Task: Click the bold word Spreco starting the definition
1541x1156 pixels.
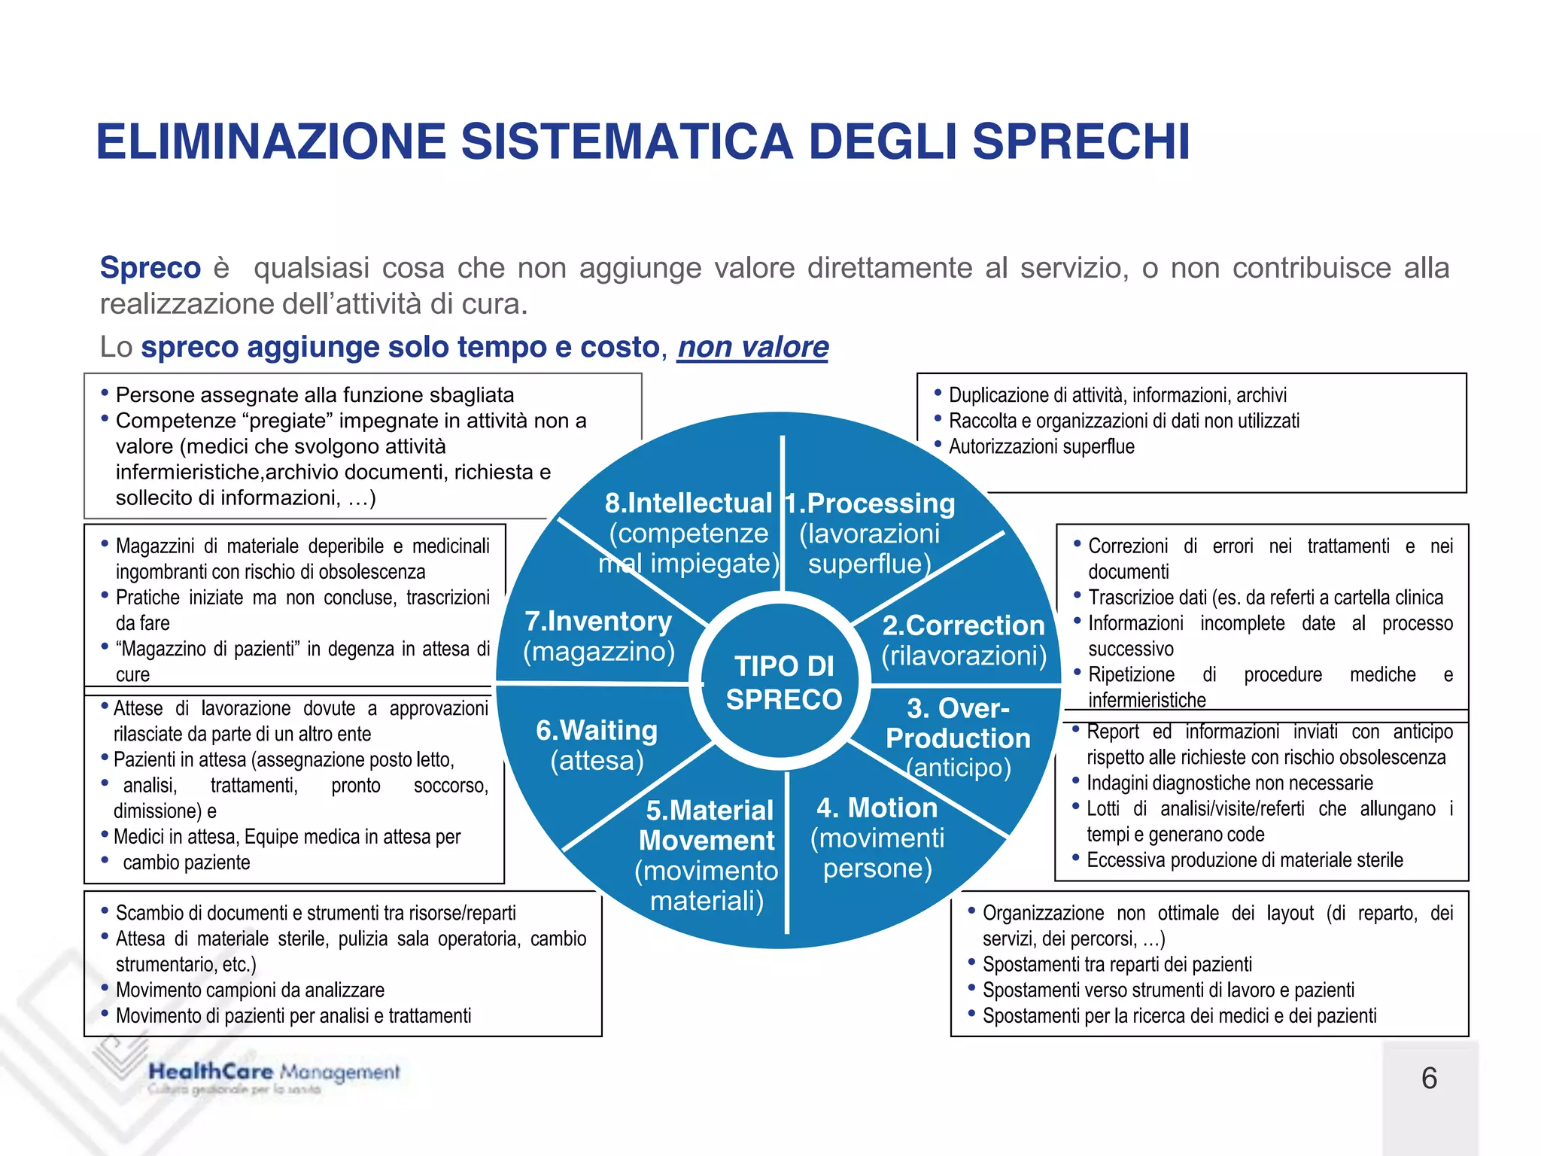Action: pos(150,268)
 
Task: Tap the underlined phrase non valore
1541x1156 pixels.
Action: pos(752,347)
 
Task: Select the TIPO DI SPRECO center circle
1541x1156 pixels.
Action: pos(783,683)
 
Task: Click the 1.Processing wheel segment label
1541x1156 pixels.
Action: pos(870,503)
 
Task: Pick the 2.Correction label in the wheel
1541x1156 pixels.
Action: pos(963,625)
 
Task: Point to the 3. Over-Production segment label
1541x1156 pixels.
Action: pos(958,723)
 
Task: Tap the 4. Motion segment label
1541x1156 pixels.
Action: pos(877,808)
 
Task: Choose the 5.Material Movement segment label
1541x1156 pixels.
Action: pos(708,825)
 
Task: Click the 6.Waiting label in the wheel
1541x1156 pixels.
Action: pos(597,730)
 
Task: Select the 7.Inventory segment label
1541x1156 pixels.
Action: pos(598,621)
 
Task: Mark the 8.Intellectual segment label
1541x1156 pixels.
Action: pos(688,503)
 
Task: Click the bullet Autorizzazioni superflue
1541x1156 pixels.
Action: pos(1041,447)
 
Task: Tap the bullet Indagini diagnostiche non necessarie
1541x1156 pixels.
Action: pos(1229,783)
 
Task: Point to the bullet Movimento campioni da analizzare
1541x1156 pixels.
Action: pos(250,990)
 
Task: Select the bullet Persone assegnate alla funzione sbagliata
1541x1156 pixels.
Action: pos(315,395)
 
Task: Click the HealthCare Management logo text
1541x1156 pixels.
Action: pos(274,1072)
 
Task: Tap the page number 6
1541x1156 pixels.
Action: pos(1429,1078)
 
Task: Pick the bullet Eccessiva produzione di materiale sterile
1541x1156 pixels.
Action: pos(1245,860)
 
